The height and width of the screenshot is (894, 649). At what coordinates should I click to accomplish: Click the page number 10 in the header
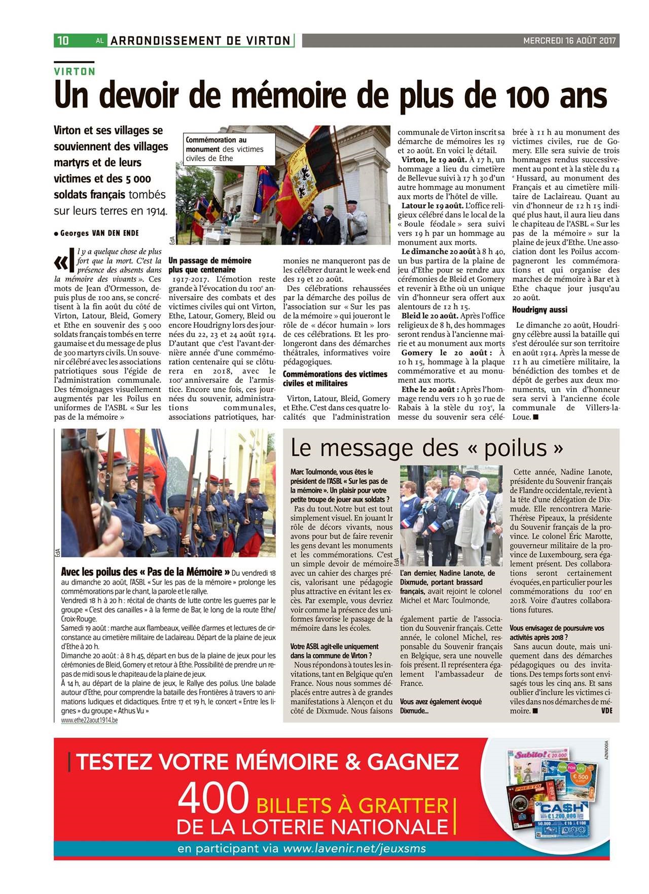coord(63,41)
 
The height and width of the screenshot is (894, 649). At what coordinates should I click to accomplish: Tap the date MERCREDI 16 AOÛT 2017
coord(569,41)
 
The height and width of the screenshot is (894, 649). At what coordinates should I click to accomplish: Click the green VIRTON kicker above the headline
coord(75,71)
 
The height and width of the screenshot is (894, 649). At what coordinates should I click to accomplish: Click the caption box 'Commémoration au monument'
coord(225,149)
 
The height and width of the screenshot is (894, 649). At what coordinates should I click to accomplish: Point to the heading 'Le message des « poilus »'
coord(427,447)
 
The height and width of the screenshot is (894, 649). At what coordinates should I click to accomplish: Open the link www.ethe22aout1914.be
coord(89,720)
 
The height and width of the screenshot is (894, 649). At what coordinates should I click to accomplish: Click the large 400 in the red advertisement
coord(213,798)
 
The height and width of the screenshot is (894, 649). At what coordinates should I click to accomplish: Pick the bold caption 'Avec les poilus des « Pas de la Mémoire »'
coord(146,572)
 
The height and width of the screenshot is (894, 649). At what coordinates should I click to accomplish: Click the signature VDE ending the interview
coord(606,711)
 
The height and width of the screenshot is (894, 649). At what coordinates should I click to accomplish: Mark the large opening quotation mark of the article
coord(63,261)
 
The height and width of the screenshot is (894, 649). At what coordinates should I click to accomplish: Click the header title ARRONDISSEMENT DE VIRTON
coord(201,41)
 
